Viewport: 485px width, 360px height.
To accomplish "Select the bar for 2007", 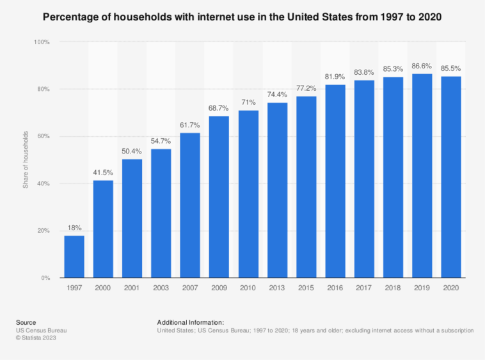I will [190, 205].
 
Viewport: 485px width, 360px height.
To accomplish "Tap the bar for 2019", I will [422, 176].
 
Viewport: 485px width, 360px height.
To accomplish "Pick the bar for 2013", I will [277, 190].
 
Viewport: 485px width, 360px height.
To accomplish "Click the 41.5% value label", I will [103, 173].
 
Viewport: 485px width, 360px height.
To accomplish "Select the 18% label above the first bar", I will [74, 228].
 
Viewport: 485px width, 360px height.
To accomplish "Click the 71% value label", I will [248, 103].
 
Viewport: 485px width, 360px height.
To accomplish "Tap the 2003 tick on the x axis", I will [161, 289].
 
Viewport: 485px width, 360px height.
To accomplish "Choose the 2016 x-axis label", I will [335, 289].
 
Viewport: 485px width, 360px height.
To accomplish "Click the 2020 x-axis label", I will [451, 289].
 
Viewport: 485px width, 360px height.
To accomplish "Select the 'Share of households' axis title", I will [26, 160].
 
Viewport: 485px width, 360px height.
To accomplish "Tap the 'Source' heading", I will [26, 322].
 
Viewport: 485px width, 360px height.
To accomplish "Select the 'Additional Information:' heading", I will [190, 322].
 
